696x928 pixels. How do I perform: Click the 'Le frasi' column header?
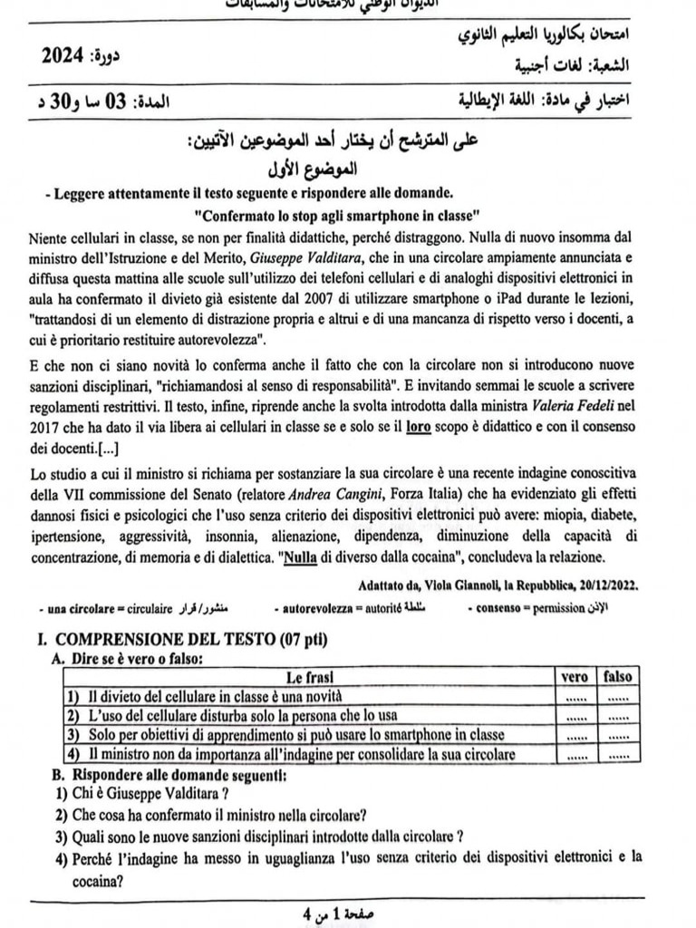click(309, 677)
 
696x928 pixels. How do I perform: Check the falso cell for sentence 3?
click(617, 736)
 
